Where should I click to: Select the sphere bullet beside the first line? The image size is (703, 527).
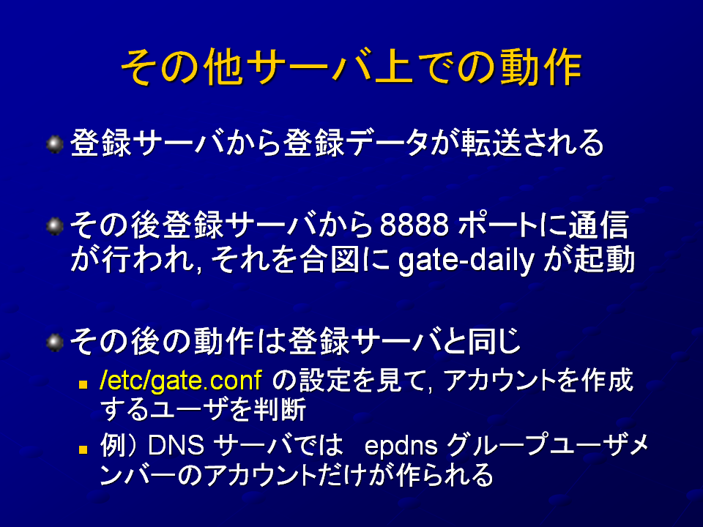[55, 144]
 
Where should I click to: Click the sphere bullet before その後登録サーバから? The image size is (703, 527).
[55, 226]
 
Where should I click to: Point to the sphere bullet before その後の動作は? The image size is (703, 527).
[55, 343]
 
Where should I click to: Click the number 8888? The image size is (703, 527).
[414, 225]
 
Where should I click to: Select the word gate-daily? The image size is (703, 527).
[466, 261]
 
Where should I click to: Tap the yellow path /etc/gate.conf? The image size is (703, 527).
[181, 381]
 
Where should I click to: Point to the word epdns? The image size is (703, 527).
[401, 446]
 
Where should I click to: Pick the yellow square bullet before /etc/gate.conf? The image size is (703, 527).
[83, 384]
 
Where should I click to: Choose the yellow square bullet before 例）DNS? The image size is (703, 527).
[83, 449]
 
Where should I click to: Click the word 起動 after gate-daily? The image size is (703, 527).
[605, 260]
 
